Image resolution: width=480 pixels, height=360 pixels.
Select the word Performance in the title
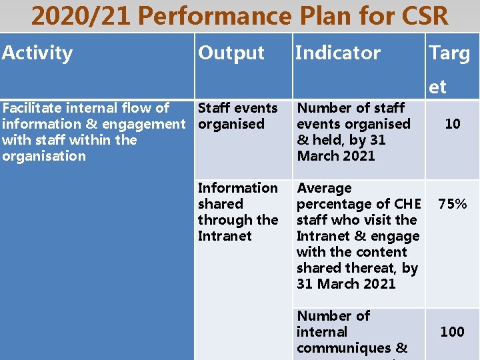click(215, 16)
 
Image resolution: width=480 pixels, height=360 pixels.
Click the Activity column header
click(37, 53)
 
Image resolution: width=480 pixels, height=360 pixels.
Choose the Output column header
click(231, 53)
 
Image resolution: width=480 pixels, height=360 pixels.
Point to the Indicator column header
click(338, 53)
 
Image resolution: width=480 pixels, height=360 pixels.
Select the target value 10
click(452, 124)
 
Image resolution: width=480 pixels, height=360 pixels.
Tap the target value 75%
click(452, 204)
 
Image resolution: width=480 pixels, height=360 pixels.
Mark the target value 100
click(452, 332)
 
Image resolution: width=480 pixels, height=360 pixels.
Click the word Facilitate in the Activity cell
click(31, 108)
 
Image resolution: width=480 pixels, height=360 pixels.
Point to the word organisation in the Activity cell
click(44, 156)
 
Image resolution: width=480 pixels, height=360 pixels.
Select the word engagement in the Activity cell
click(144, 124)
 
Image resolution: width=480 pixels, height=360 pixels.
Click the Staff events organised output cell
click(237, 116)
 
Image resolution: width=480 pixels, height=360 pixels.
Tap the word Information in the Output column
click(237, 188)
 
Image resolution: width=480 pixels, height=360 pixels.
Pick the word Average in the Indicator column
click(324, 188)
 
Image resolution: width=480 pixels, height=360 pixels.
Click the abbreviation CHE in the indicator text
click(408, 204)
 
